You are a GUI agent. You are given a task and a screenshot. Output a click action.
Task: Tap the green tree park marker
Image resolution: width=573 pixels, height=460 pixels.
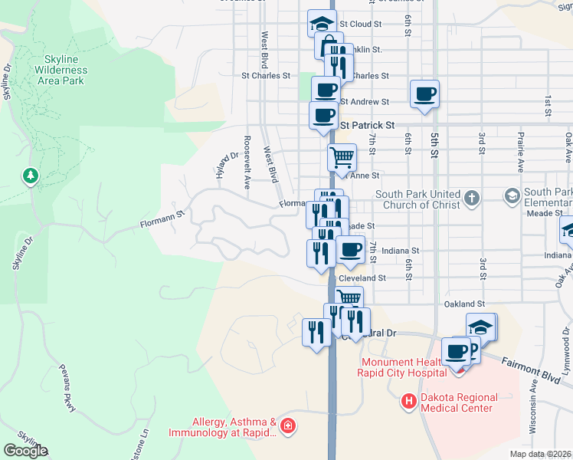31,176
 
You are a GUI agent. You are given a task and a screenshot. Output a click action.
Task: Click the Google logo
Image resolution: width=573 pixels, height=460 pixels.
25,451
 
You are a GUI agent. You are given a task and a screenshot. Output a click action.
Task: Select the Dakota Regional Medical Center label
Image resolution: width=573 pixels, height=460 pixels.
460,402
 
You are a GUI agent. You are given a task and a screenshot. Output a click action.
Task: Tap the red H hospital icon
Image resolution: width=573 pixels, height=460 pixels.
409,400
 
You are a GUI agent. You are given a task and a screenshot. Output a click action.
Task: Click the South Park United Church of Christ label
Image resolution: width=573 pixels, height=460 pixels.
417,199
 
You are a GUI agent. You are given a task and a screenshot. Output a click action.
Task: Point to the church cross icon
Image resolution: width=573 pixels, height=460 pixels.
472,199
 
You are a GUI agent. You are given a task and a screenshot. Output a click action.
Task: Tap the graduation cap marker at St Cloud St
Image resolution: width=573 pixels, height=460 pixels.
323,22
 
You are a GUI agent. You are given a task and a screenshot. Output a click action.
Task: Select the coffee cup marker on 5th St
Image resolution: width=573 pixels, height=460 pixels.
424,94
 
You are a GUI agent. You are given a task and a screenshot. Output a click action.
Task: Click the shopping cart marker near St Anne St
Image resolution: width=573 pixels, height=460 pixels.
342,157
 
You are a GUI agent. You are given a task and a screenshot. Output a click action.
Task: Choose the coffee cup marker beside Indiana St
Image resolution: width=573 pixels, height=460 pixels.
351,249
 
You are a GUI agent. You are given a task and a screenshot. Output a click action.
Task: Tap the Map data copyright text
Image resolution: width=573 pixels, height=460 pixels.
541,454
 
